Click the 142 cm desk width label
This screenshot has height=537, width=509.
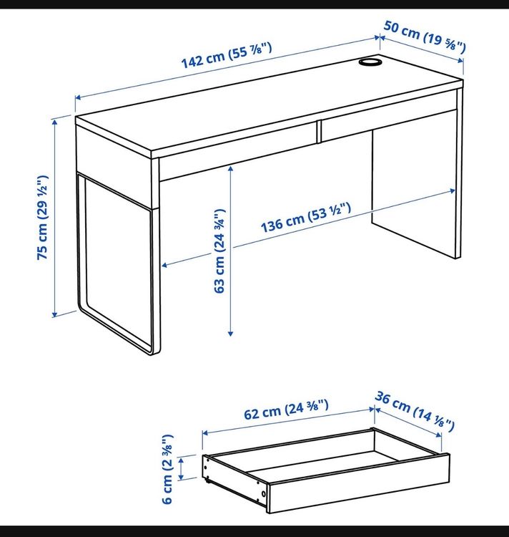[227, 55]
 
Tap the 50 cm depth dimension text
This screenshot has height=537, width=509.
[425, 37]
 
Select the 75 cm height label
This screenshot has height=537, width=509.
[43, 218]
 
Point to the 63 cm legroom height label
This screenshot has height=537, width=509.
[219, 251]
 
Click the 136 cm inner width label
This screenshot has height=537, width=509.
[306, 218]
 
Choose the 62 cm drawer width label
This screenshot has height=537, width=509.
[286, 410]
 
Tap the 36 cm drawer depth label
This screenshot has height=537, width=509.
[415, 411]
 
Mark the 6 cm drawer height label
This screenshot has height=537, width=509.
[167, 469]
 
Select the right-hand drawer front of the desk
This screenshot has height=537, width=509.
[388, 125]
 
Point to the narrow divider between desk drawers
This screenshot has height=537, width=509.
[319, 131]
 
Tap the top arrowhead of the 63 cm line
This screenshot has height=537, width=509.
[231, 168]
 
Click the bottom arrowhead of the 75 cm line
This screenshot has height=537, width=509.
[55, 314]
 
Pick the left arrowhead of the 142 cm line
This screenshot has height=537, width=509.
[78, 97]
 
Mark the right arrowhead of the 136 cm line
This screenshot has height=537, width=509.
[453, 190]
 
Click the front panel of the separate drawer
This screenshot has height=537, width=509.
[358, 483]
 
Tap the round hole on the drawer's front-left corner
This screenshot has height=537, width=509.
[263, 493]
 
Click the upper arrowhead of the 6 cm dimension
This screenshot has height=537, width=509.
[181, 460]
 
